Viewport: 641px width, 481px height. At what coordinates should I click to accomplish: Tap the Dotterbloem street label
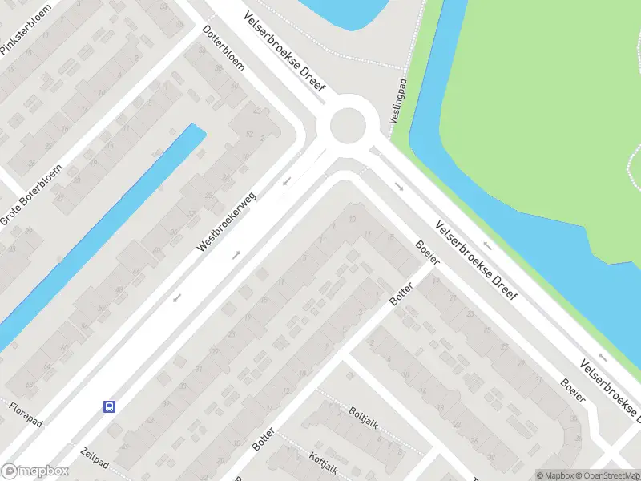click(224, 47)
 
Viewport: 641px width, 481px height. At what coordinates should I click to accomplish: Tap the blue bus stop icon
click(109, 406)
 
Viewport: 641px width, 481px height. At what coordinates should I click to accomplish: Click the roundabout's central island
click(353, 124)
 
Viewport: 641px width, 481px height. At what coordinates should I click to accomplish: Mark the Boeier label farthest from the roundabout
click(574, 395)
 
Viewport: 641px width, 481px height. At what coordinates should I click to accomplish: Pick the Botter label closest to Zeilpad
click(264, 440)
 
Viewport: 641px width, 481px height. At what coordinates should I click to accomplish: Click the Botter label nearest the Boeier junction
click(401, 294)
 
